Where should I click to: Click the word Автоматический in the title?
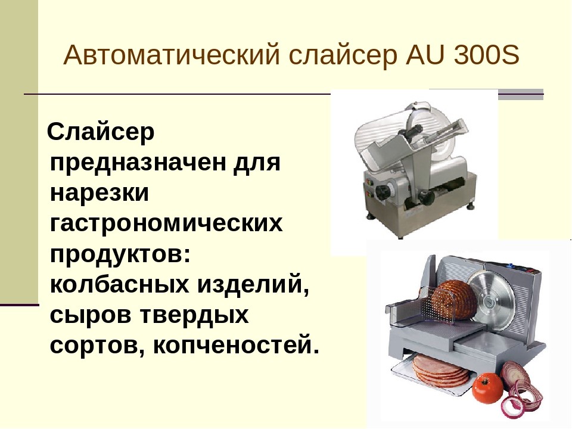point(172,55)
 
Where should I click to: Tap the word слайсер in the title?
point(343,55)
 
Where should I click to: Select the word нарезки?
point(100,194)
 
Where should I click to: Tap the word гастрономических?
point(166,223)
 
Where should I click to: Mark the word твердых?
point(194,315)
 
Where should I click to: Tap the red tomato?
point(487,387)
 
